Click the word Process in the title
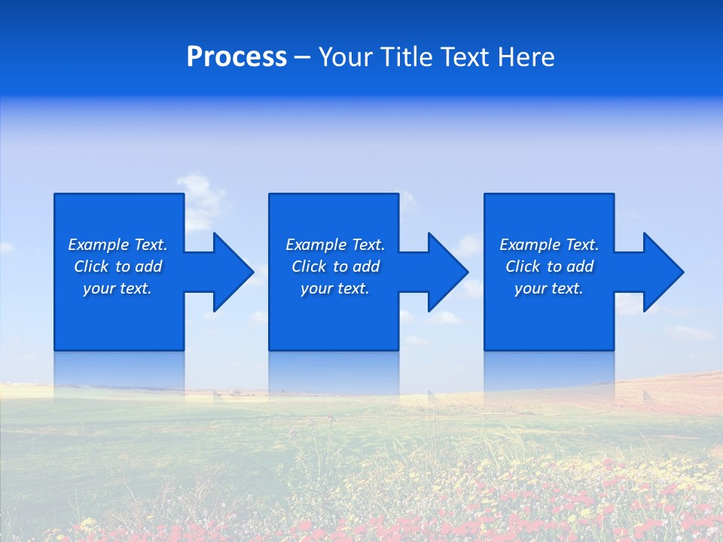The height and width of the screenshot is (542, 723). coord(236,57)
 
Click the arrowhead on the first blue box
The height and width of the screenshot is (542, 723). coord(230,272)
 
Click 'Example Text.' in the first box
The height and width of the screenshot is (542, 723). coord(117,245)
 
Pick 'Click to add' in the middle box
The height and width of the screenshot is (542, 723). coord(335,266)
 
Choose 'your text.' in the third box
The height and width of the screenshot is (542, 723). coord(548,288)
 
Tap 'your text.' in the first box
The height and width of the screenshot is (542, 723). coord(117,288)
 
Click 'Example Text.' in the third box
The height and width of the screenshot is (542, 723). coord(549,245)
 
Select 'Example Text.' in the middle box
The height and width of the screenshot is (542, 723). coord(335,245)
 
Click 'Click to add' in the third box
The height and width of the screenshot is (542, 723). coord(549,266)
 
